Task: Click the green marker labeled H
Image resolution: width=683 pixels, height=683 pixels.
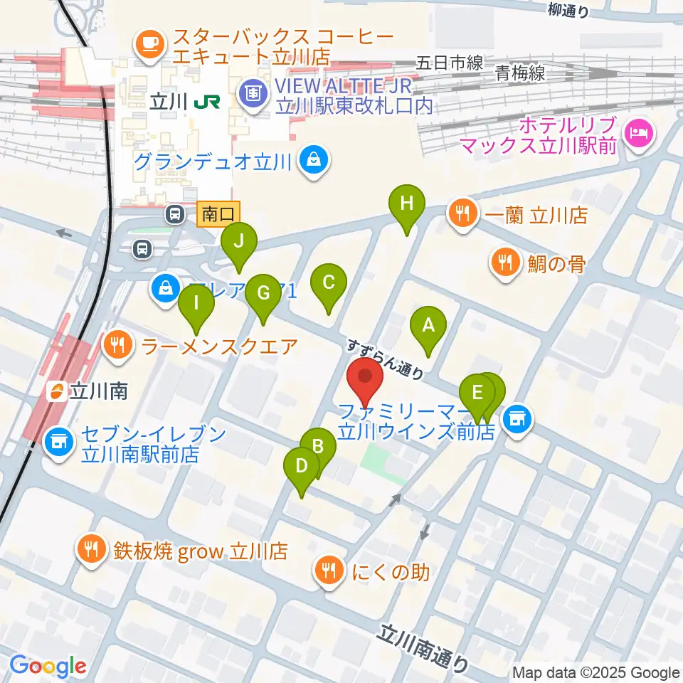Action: tap(406, 205)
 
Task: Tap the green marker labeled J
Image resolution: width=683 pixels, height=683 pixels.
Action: tap(238, 243)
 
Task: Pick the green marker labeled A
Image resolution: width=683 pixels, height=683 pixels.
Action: tap(428, 327)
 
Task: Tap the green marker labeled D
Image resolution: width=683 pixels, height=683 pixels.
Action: tap(301, 467)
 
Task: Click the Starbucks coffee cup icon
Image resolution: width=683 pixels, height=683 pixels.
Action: tap(150, 43)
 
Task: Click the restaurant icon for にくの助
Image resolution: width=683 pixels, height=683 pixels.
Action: tap(329, 570)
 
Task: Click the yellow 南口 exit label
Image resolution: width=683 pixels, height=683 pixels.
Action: tap(218, 213)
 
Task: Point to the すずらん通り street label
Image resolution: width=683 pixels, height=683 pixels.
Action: tap(385, 358)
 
